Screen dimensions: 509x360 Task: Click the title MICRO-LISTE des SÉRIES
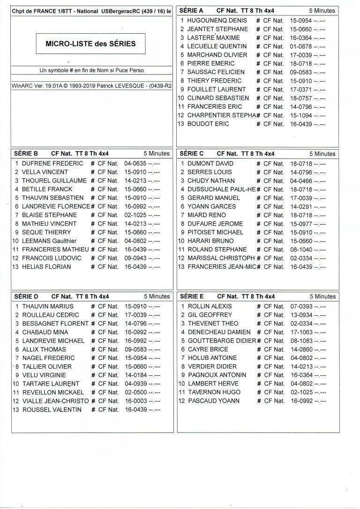[90, 44]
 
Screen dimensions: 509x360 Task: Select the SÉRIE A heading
[191, 10]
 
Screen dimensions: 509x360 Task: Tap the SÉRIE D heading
[26, 296]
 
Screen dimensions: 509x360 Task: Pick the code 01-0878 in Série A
[300, 46]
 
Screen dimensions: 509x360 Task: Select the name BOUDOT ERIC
[208, 124]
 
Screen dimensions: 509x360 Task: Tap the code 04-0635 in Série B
[135, 164]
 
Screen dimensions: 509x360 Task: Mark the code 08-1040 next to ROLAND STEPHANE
[300, 250]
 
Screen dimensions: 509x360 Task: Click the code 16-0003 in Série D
[135, 401]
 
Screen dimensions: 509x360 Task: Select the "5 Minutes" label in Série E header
[322, 296]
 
